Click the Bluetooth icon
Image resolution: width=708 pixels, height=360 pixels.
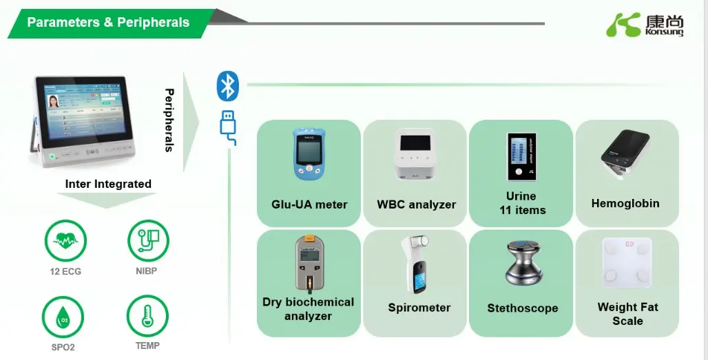pyautogui.click(x=227, y=86)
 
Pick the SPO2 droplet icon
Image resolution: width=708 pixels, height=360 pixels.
pyautogui.click(x=63, y=317)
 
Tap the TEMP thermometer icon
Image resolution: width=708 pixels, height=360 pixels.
pyautogui.click(x=147, y=316)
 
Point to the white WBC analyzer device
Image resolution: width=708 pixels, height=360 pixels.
pyautogui.click(x=416, y=155)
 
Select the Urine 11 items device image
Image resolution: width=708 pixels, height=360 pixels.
pyautogui.click(x=521, y=157)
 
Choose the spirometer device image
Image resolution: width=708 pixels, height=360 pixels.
pyautogui.click(x=416, y=265)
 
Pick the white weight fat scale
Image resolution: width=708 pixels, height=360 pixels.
pyautogui.click(x=627, y=263)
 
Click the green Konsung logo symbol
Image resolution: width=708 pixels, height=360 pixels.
pyautogui.click(x=623, y=25)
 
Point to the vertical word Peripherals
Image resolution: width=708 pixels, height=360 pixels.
pyautogui.click(x=169, y=120)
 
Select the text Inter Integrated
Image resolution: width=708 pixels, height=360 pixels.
pyautogui.click(x=108, y=184)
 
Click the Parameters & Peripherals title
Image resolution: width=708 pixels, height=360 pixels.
pyautogui.click(x=108, y=23)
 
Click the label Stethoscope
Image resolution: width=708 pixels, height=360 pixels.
pyautogui.click(x=522, y=308)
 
